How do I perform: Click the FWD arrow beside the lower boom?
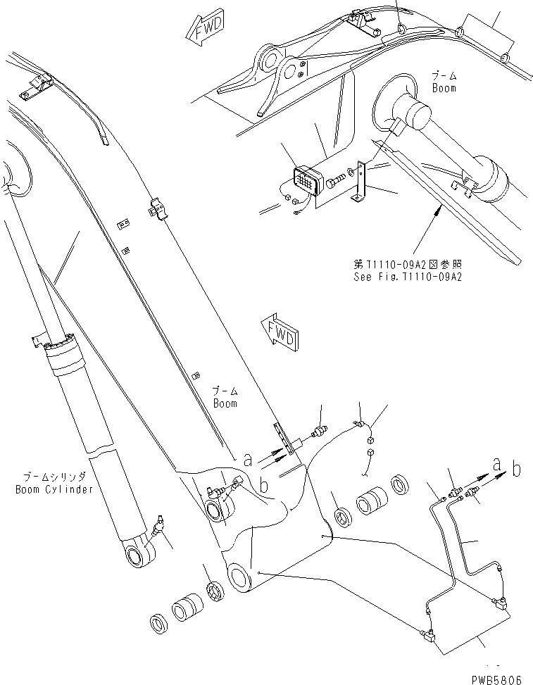(278, 332)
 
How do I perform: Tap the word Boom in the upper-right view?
(444, 88)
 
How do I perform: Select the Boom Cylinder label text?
(54, 489)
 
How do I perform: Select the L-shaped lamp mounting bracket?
(361, 183)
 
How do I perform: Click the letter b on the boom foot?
(264, 486)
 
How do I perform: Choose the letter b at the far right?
(517, 468)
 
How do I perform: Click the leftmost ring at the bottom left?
(159, 622)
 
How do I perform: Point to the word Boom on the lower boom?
(225, 403)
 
